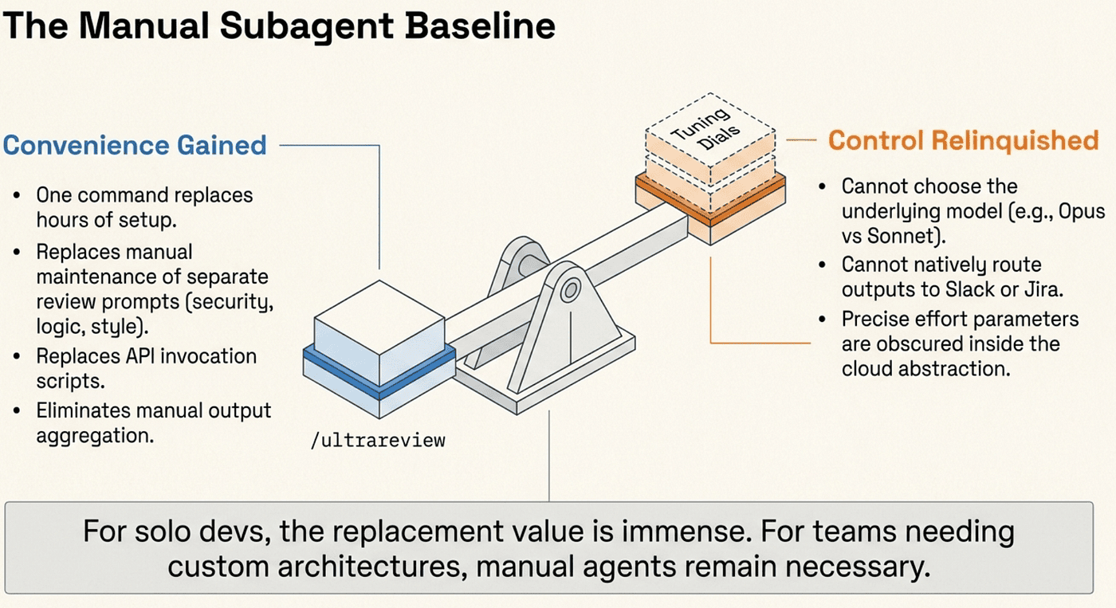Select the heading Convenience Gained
(x=135, y=145)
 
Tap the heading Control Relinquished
(x=964, y=140)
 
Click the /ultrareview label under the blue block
(x=378, y=441)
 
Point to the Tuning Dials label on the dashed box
(x=706, y=130)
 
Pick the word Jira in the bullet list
(x=1045, y=289)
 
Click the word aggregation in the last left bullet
(x=95, y=436)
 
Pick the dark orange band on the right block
(x=710, y=200)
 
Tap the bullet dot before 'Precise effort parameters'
(x=822, y=319)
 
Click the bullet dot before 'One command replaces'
(x=17, y=195)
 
